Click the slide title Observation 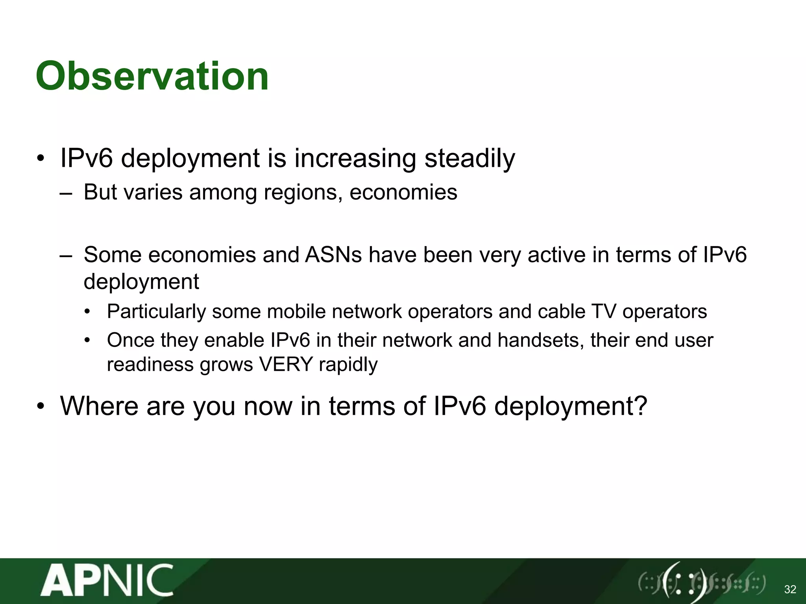point(152,76)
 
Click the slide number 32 point(790,589)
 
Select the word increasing point(355,158)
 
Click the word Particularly point(156,312)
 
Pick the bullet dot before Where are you point(41,407)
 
